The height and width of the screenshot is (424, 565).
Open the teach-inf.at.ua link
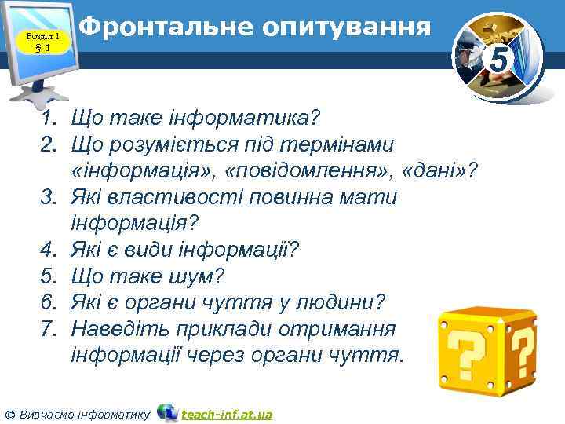click(x=227, y=414)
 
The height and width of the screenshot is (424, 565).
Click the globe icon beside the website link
click(x=166, y=412)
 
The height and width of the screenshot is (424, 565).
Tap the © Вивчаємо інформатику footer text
click(x=78, y=414)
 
